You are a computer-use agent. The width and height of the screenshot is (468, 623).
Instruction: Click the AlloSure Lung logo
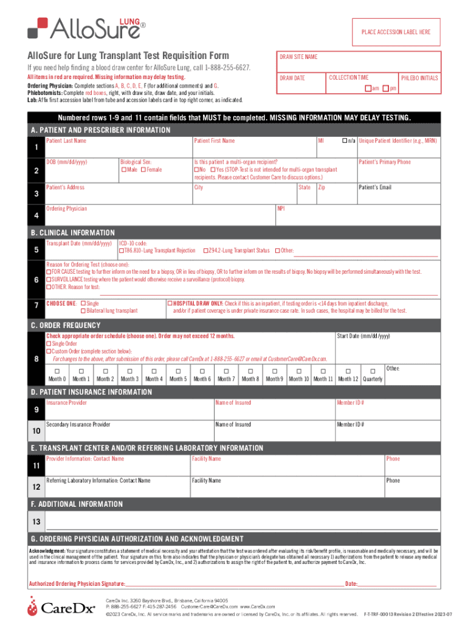tap(85, 26)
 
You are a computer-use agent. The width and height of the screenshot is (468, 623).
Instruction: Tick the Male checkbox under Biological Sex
tap(123, 169)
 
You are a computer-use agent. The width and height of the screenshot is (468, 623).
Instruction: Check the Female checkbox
tap(143, 169)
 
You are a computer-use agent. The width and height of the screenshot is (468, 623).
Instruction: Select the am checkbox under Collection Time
tap(367, 89)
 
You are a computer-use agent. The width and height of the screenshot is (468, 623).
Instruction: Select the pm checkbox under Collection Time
tap(385, 89)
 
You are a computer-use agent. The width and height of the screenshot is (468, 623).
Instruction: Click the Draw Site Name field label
tap(298, 57)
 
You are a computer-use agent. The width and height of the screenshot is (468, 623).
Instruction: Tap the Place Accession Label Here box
tap(396, 32)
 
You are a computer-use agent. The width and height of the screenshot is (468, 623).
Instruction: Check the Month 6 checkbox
tap(202, 371)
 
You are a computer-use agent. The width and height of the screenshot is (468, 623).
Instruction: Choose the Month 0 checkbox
tap(57, 371)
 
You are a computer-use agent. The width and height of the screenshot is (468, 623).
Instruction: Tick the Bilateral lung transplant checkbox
tap(83, 311)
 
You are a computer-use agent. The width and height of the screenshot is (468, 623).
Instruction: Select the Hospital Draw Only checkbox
tap(170, 303)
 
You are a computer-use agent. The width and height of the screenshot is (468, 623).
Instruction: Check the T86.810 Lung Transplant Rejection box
tap(122, 251)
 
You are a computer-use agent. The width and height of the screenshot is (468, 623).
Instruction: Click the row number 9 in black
tap(36, 409)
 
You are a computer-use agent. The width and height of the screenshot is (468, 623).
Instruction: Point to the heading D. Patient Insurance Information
tap(91, 392)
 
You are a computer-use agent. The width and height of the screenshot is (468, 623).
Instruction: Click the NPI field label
tap(281, 209)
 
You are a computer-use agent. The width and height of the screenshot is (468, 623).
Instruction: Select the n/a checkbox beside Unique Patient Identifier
tap(344, 141)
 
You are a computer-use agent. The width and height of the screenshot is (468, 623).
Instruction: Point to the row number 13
tap(36, 522)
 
